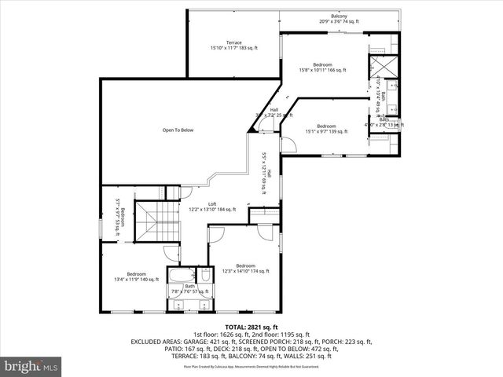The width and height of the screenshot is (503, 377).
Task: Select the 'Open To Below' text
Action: [178, 130]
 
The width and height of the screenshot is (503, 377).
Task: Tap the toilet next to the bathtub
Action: [204, 276]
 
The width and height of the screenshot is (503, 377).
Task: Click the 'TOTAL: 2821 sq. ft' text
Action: [251, 326]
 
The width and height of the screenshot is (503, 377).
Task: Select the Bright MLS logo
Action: [31, 366]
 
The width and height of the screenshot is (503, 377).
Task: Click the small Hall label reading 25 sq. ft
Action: [274, 112]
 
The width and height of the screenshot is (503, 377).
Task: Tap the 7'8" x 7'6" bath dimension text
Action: [188, 291]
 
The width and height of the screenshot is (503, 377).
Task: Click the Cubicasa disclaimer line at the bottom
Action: [251, 366]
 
